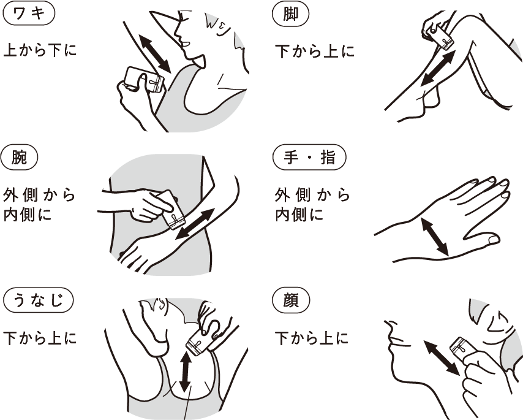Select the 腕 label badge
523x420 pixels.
(20, 158)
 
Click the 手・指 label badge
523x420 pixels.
(309, 158)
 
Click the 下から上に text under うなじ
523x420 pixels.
(40, 337)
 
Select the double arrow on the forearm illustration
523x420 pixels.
(195, 224)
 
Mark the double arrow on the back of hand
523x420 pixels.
(435, 237)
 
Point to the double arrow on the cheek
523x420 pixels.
(442, 359)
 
